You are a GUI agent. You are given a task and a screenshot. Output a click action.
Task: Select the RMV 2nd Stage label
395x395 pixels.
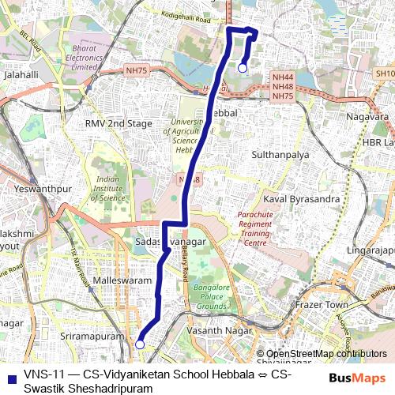pyautogui.click(x=118, y=124)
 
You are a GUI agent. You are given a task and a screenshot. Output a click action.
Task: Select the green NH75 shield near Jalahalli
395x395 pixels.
pyautogui.click(x=136, y=70)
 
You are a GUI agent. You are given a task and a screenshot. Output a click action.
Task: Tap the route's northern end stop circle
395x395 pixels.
pyautogui.click(x=242, y=68)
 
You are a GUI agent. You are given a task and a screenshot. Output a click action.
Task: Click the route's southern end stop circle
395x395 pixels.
pyautogui.click(x=140, y=344)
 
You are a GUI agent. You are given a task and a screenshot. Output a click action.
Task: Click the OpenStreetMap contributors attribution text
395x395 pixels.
pyautogui.click(x=326, y=353)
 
